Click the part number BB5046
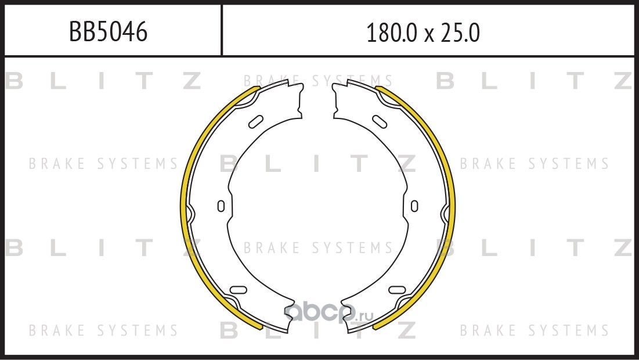[108, 31]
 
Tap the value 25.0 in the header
[459, 33]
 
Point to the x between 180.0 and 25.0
[429, 35]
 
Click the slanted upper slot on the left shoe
[256, 121]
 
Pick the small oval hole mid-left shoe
[221, 206]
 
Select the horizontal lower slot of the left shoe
[239, 290]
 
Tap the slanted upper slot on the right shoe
[380, 121]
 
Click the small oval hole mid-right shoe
[414, 206]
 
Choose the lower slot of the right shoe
[398, 290]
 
